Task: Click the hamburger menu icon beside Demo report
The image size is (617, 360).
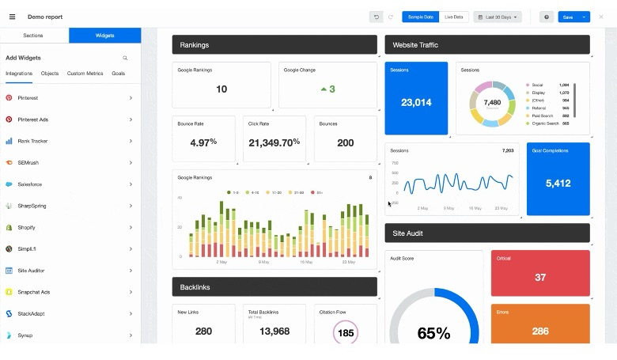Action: (x=12, y=17)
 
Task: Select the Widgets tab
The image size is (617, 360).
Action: (x=104, y=36)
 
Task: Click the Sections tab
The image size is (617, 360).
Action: (x=33, y=36)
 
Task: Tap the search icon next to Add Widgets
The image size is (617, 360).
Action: (x=125, y=58)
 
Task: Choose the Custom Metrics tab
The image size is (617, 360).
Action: (x=85, y=73)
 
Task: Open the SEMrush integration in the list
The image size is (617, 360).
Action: (x=70, y=162)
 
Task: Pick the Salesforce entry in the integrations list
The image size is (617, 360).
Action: (x=70, y=184)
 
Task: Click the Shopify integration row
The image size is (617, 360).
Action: (x=70, y=227)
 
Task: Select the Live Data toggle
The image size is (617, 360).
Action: (x=455, y=17)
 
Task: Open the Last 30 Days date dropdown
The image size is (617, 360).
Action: (x=498, y=17)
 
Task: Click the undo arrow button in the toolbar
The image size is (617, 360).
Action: (x=377, y=17)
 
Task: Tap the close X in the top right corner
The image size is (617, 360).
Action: (x=601, y=17)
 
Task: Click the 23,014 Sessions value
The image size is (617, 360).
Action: (x=416, y=102)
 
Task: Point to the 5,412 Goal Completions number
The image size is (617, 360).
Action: (x=558, y=184)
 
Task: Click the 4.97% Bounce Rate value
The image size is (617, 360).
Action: (x=203, y=142)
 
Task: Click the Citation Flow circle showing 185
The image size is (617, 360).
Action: (x=346, y=332)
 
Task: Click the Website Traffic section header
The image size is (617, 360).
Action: (x=487, y=45)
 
